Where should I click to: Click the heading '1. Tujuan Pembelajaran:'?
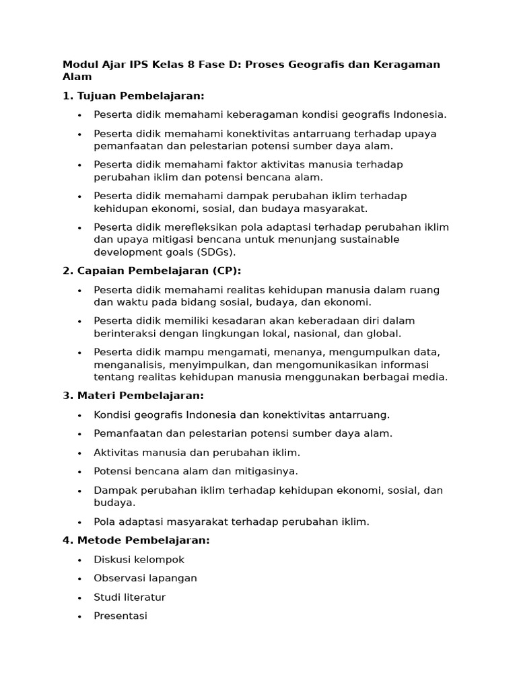[133, 96]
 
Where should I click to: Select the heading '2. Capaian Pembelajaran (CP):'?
[151, 270]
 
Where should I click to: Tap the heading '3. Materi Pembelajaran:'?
[133, 396]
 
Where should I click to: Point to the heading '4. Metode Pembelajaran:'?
[136, 540]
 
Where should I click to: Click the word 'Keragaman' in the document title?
[408, 65]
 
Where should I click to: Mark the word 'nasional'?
[315, 334]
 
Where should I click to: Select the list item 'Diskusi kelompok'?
[139, 560]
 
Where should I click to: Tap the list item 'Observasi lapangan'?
[145, 579]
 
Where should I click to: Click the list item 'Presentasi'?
[120, 616]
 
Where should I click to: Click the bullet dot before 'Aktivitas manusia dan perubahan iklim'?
[79, 453]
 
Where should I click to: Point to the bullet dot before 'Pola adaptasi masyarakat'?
[79, 522]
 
